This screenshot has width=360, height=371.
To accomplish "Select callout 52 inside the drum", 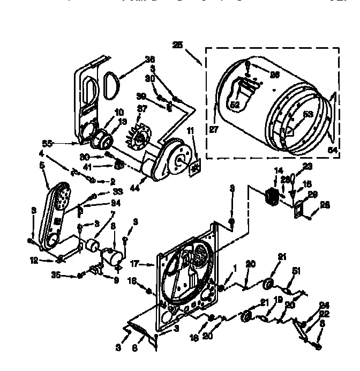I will [x=235, y=105].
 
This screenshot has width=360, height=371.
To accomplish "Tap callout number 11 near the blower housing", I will [x=191, y=131].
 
